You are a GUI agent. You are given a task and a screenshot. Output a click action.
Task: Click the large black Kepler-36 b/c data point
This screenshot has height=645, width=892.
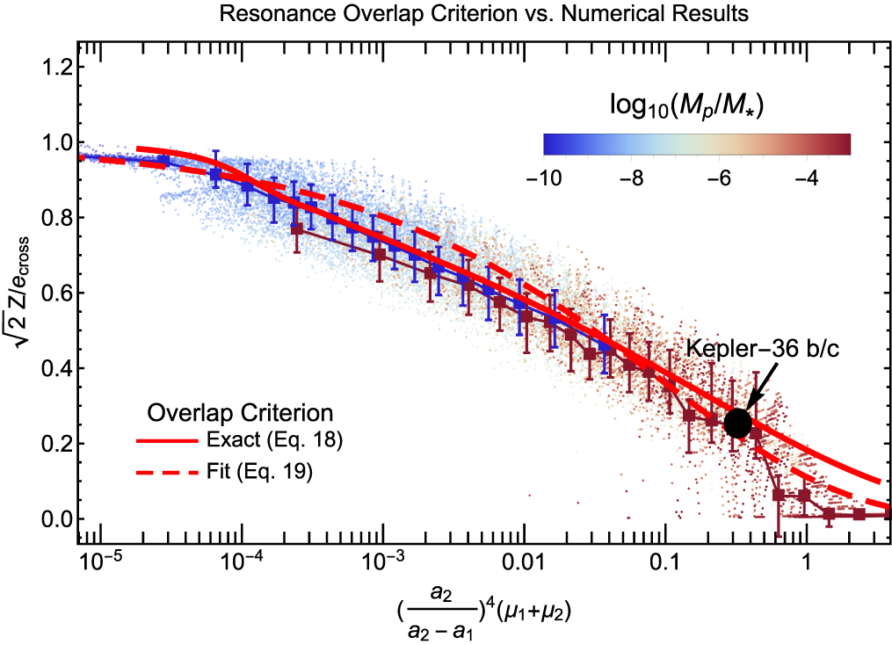pos(737,423)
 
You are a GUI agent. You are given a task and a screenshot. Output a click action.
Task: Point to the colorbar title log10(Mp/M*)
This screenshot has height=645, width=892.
pos(685,106)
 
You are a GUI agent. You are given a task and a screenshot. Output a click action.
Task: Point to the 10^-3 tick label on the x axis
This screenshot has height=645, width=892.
pos(382,561)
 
